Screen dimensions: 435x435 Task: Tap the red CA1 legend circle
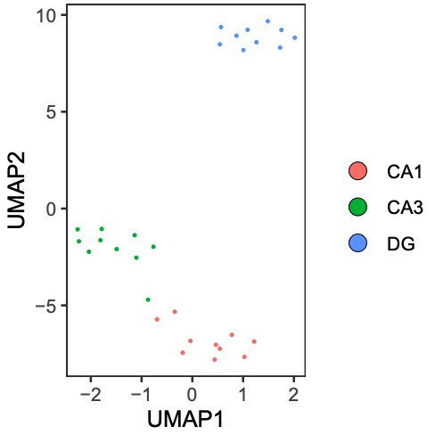[357, 170]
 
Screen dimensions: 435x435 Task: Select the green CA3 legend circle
[357, 207]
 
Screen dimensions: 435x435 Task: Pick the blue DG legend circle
[357, 242]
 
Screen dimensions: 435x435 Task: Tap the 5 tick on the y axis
[52, 112]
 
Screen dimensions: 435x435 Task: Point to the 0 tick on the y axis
[52, 209]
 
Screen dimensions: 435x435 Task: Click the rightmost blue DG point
[295, 37]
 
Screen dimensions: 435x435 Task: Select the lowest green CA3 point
[148, 300]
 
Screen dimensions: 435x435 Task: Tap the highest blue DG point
[267, 21]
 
